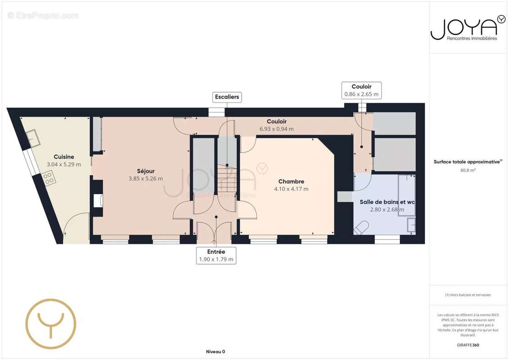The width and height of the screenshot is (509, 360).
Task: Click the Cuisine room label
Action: tap(63, 157)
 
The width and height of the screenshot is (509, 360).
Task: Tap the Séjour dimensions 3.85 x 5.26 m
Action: tap(146, 179)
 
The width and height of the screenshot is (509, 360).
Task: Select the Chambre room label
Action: tap(291, 181)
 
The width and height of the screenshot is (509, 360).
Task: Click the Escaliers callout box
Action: tap(227, 97)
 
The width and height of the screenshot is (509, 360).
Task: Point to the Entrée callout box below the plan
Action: tap(216, 256)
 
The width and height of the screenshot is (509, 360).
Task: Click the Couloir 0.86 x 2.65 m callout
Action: tap(361, 90)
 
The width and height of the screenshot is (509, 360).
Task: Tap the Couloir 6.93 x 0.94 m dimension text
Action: tap(276, 129)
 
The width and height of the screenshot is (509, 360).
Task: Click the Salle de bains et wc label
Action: tap(387, 202)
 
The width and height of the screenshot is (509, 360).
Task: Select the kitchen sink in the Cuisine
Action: tap(32, 138)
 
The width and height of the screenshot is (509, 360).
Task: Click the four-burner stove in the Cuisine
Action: tap(48, 178)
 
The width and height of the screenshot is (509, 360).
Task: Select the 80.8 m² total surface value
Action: tap(468, 171)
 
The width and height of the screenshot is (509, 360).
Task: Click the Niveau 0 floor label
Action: tap(215, 352)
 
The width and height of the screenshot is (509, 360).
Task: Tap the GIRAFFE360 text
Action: tap(468, 345)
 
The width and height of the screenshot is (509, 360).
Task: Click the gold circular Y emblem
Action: tap(51, 324)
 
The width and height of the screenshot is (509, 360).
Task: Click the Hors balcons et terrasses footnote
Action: tap(468, 295)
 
